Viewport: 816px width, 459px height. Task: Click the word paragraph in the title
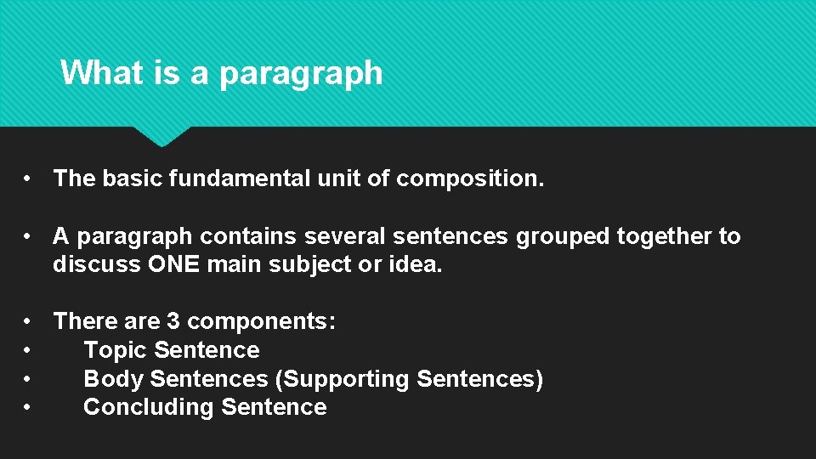pos(301,74)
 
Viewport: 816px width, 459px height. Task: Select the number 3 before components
pos(173,321)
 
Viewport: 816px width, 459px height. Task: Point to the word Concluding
pos(149,407)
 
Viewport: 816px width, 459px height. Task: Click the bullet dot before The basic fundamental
pos(28,179)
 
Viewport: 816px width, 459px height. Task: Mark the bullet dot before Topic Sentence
pos(28,350)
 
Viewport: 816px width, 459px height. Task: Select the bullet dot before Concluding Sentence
pos(28,407)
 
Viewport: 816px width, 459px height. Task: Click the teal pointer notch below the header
pos(161,136)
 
